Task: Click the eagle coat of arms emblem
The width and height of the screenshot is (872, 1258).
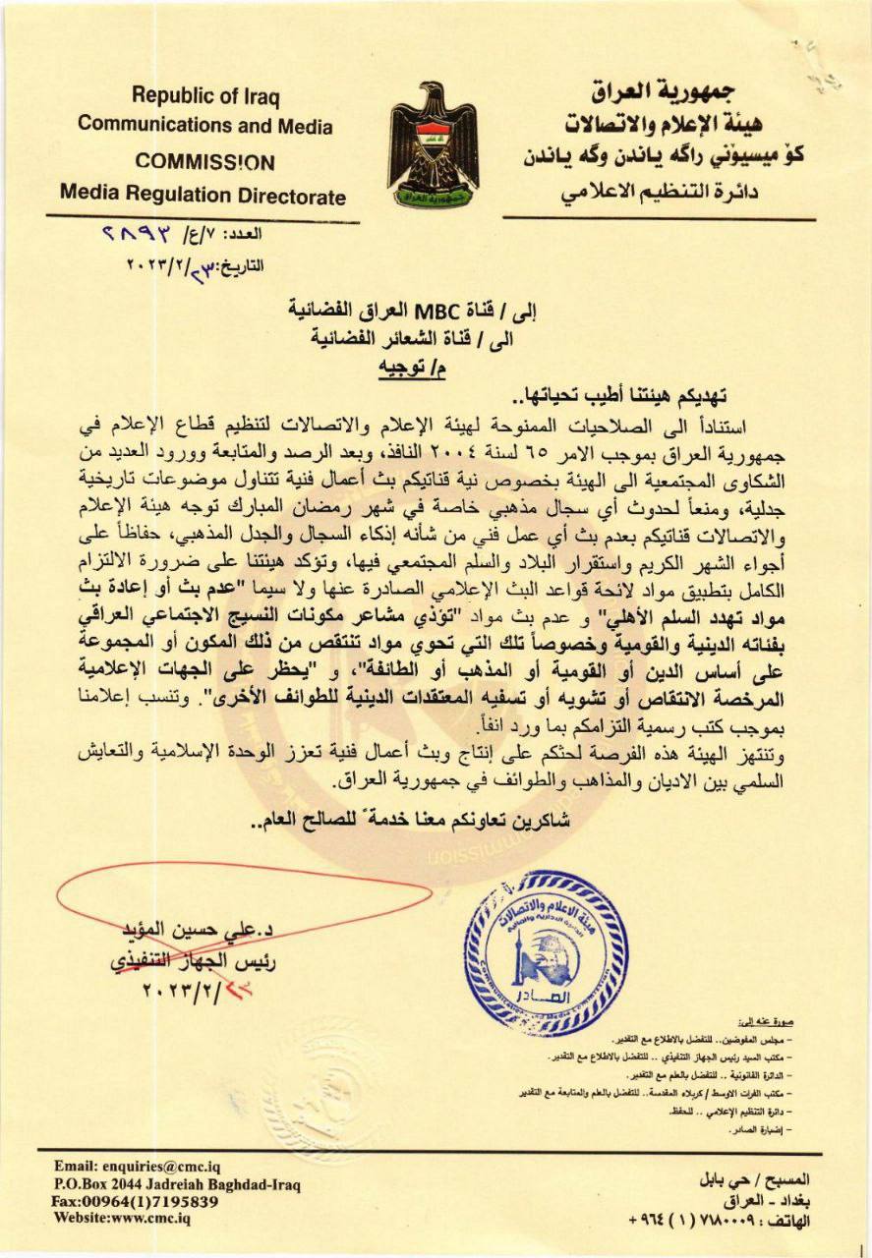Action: tap(433, 144)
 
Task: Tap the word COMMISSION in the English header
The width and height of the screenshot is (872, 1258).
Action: tap(204, 162)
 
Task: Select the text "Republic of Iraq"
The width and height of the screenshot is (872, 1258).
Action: tap(205, 96)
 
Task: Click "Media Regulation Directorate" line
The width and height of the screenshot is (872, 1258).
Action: tap(203, 195)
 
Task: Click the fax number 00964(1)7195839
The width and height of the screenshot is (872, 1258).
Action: tap(136, 1202)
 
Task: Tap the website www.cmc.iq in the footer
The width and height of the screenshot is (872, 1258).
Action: tap(122, 1220)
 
